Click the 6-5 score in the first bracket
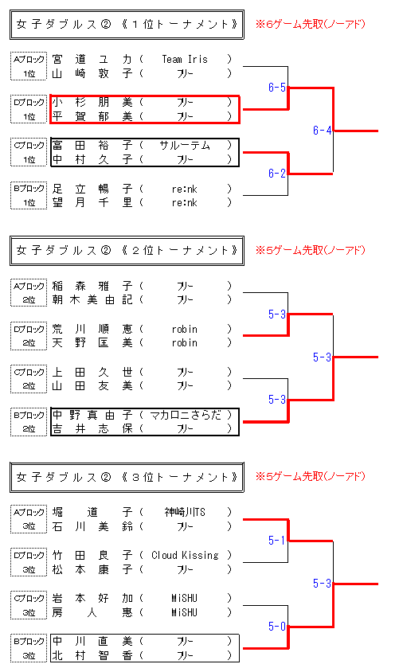tap(276, 88)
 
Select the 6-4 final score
tap(322, 131)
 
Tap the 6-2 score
tap(276, 173)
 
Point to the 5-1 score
tap(276, 540)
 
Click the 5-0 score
tap(276, 627)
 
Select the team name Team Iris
tap(185, 59)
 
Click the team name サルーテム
tap(185, 146)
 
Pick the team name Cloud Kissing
tap(185, 555)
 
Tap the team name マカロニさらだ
tap(186, 415)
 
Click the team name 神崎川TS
tap(185, 512)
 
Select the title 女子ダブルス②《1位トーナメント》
tap(127, 24)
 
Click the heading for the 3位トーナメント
tap(127, 477)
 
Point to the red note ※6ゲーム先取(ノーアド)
tap(311, 24)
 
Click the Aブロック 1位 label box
tap(29, 66)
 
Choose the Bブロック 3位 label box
tap(29, 648)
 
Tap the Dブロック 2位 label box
tap(29, 336)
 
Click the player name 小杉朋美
tap(92, 102)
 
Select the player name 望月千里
tap(92, 202)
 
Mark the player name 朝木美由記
tap(92, 300)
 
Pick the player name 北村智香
tap(92, 655)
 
